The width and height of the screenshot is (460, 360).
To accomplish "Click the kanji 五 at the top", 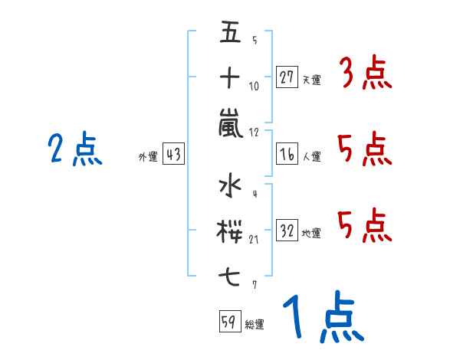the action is pyautogui.click(x=230, y=31).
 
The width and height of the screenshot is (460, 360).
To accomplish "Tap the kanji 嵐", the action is pyautogui.click(x=231, y=123).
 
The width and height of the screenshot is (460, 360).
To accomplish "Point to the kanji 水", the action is pyautogui.click(x=230, y=185).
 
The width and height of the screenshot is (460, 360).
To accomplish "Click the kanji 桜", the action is pyautogui.click(x=229, y=231).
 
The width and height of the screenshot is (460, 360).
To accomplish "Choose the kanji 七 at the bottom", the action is pyautogui.click(x=230, y=277).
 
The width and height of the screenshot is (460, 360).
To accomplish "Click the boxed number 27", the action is pyautogui.click(x=287, y=77).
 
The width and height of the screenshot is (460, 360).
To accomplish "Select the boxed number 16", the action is pyautogui.click(x=287, y=154).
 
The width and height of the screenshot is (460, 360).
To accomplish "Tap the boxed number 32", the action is pyautogui.click(x=287, y=230).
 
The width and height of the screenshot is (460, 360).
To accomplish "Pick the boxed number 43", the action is pyautogui.click(x=173, y=154).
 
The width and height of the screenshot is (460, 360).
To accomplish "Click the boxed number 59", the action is pyautogui.click(x=230, y=321).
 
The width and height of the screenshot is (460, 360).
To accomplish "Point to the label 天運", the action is pyautogui.click(x=312, y=80).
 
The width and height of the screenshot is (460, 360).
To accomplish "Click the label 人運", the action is pyautogui.click(x=312, y=156).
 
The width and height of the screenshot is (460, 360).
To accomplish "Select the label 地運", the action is pyautogui.click(x=311, y=234).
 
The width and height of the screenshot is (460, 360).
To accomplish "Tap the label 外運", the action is pyautogui.click(x=148, y=157).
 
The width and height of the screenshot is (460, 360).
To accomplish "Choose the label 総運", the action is pyautogui.click(x=255, y=324).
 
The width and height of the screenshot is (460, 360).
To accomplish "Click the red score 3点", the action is pyautogui.click(x=366, y=73).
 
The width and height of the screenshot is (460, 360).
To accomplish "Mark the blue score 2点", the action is pyautogui.click(x=75, y=149).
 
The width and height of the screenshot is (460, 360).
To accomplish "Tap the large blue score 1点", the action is pyautogui.click(x=324, y=316).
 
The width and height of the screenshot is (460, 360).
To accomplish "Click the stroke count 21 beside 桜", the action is pyautogui.click(x=254, y=240).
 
